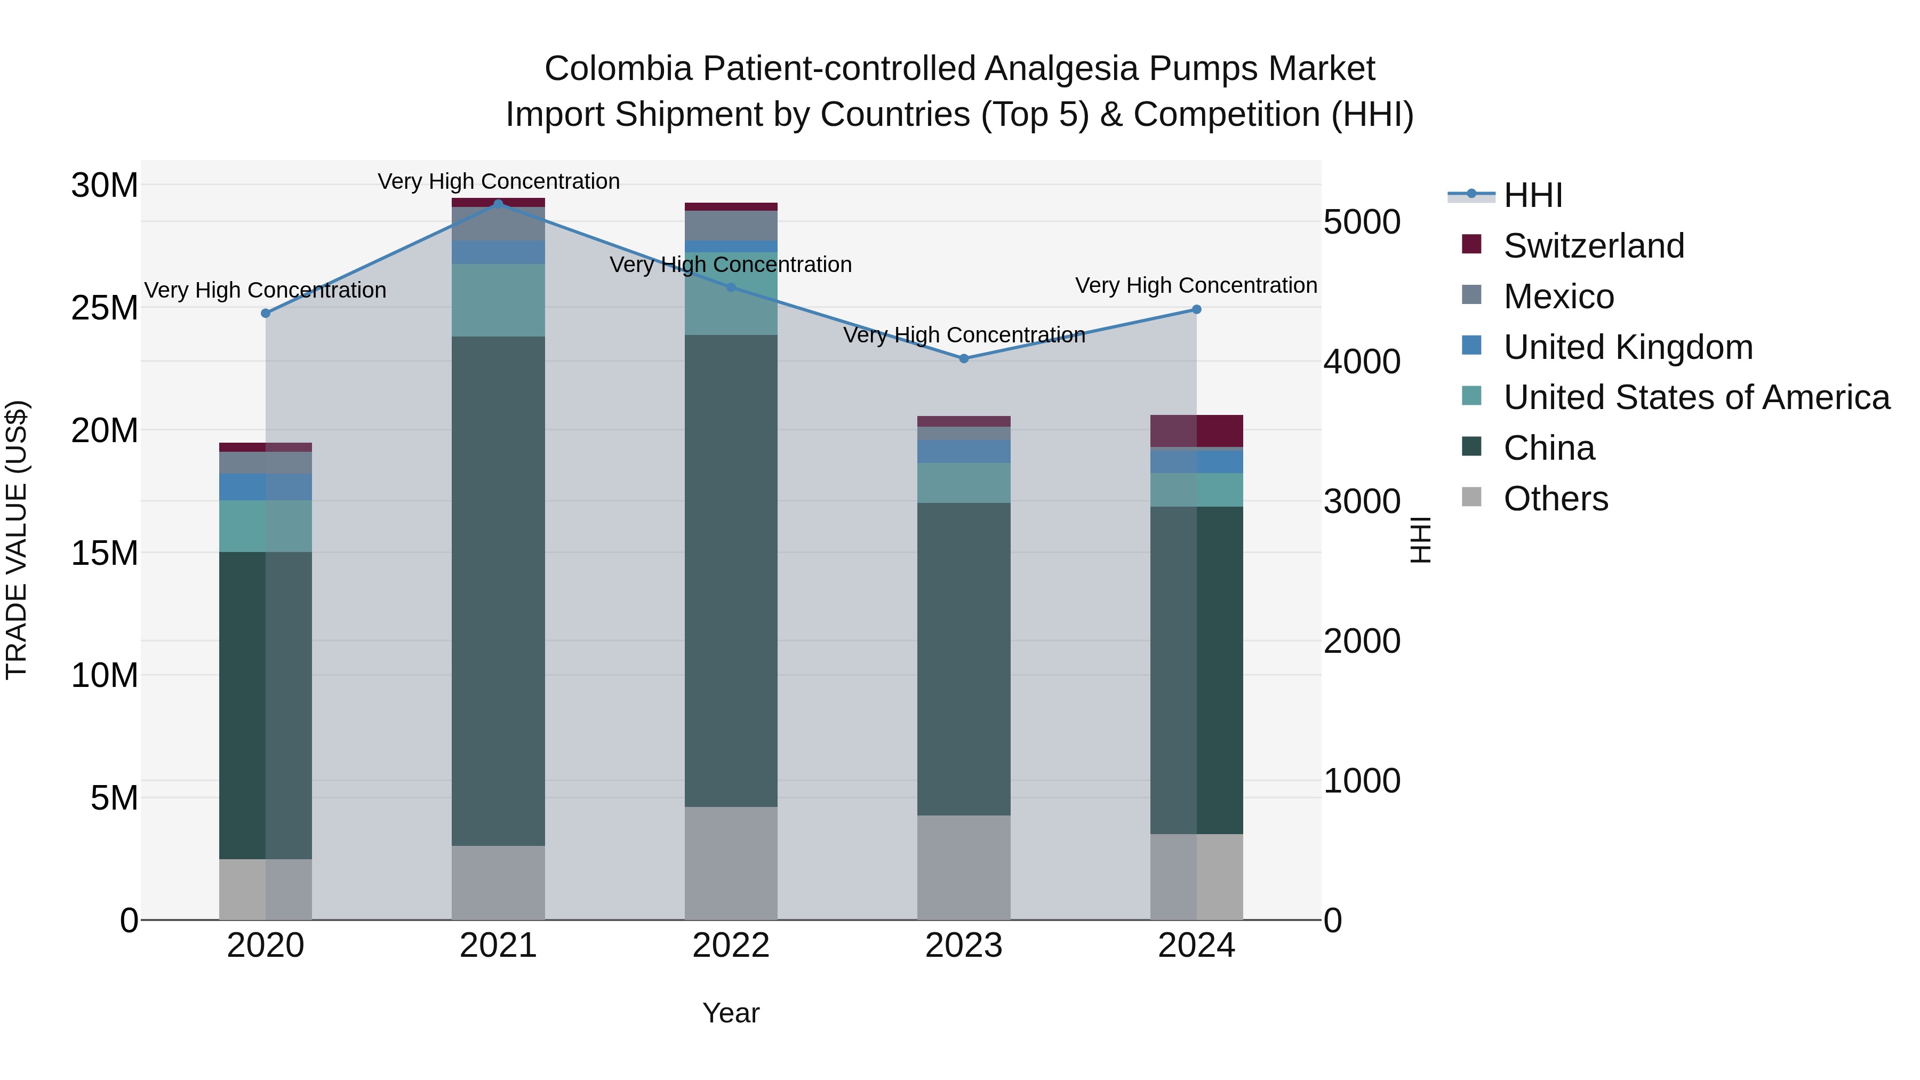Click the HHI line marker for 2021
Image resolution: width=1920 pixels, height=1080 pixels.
(498, 204)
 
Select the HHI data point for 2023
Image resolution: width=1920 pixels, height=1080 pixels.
(964, 358)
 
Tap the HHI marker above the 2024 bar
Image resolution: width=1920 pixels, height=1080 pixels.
(1196, 309)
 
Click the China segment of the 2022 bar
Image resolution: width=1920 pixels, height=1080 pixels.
(731, 570)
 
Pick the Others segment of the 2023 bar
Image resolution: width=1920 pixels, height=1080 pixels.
(964, 867)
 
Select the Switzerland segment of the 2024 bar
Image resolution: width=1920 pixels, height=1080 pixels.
(1196, 431)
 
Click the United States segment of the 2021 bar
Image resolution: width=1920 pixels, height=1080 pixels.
(498, 300)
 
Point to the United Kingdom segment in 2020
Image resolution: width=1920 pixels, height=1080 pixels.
(266, 487)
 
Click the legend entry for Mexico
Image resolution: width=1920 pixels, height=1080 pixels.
(1558, 297)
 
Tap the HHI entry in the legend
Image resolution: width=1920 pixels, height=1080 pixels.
(1532, 195)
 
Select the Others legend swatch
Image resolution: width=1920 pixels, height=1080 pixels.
(1471, 497)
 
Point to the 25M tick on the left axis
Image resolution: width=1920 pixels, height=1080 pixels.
(105, 308)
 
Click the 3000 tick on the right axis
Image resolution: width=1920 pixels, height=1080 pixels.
(1362, 502)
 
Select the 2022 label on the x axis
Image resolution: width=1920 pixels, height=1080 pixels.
(731, 946)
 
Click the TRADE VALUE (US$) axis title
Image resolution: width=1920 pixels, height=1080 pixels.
(17, 540)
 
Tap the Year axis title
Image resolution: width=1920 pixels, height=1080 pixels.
(731, 1013)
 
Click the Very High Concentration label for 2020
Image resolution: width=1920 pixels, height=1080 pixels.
(266, 290)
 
